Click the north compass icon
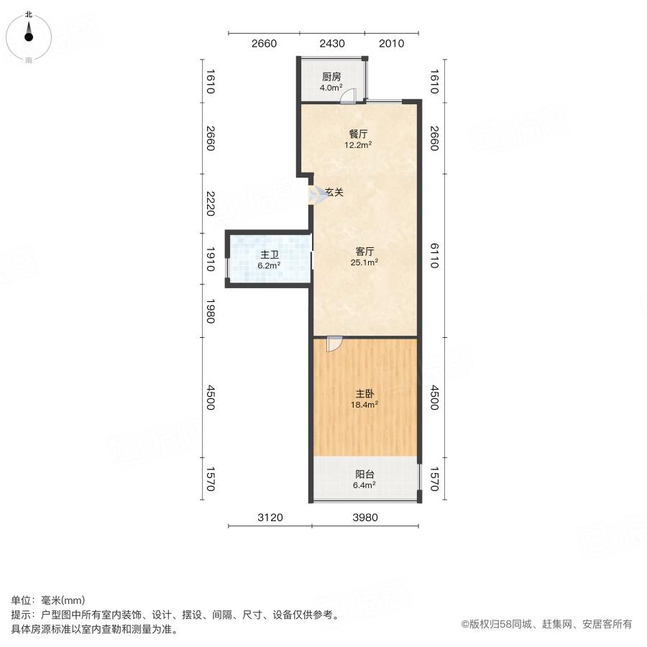(29, 35)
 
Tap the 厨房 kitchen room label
(331, 77)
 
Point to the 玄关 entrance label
(334, 193)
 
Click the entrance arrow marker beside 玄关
(317, 195)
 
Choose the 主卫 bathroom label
(270, 254)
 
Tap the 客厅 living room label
(365, 252)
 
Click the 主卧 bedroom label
(365, 394)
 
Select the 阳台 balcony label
(365, 474)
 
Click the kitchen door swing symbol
(348, 97)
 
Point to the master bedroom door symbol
(334, 344)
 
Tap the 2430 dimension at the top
(332, 44)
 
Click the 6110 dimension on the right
(433, 255)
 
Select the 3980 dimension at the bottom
(365, 518)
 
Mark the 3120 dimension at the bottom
(270, 518)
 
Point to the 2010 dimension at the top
(391, 44)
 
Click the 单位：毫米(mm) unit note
(48, 600)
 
